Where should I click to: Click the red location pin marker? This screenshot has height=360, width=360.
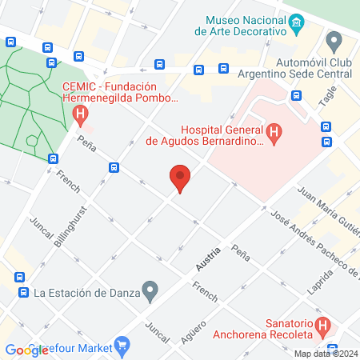point(180,178)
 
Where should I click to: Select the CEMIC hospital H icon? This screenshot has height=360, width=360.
point(79,115)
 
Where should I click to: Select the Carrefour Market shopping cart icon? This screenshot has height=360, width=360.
point(122,346)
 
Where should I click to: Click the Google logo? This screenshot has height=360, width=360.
point(26,350)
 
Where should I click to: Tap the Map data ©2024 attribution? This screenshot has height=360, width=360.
point(326,353)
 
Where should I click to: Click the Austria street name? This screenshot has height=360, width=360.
point(207,259)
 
